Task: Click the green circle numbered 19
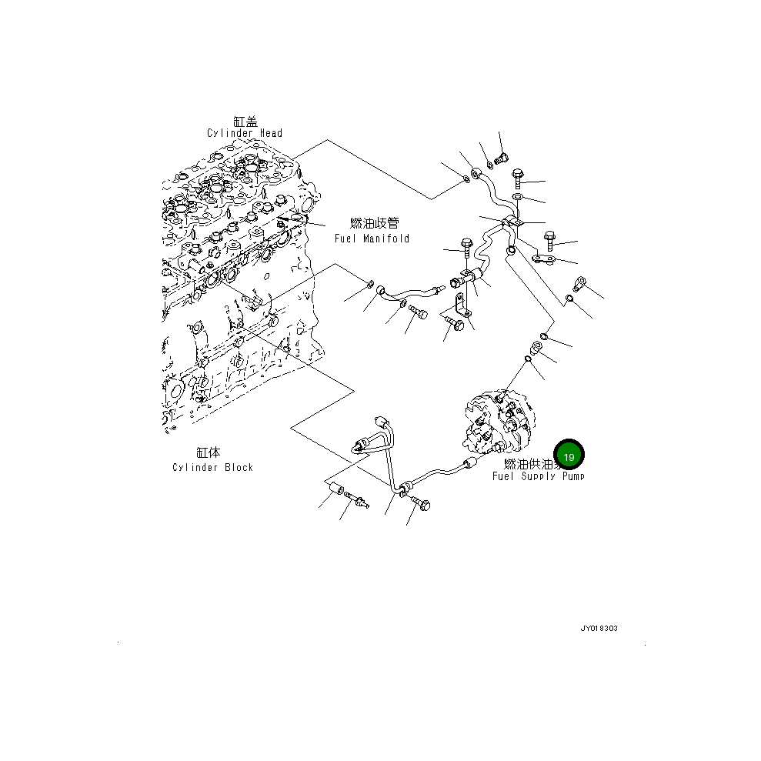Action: coord(569,456)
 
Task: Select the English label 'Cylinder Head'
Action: coord(245,133)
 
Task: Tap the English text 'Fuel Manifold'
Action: coord(372,239)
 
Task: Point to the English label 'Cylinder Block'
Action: coord(212,467)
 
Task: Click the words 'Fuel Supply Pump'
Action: coord(538,476)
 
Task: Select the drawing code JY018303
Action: coord(598,628)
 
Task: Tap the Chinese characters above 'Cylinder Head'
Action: coord(245,122)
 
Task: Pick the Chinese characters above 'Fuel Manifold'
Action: coord(375,223)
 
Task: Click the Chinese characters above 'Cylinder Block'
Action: coord(208,453)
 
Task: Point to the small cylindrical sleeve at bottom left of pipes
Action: coord(335,491)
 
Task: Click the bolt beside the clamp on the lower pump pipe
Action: coord(422,503)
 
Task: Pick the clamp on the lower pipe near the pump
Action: coord(403,489)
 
